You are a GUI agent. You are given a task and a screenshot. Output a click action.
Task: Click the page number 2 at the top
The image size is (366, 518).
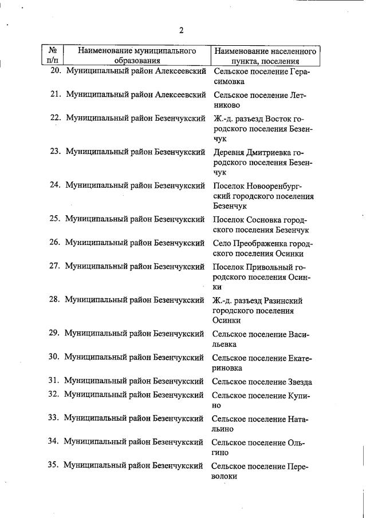click(x=181, y=30)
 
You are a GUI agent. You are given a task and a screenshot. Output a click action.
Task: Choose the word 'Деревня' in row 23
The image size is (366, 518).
click(x=229, y=152)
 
